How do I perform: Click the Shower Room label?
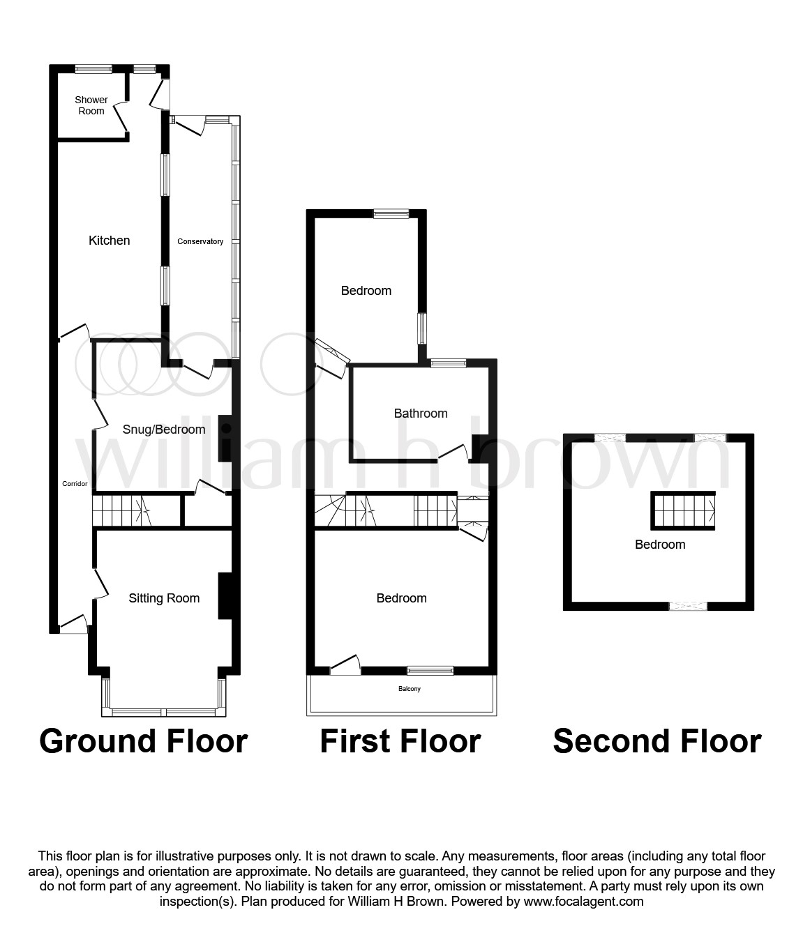click(91, 105)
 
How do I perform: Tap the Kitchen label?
click(109, 241)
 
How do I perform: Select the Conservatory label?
click(200, 242)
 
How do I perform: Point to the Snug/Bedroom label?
click(164, 430)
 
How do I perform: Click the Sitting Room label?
click(164, 598)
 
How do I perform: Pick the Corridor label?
click(75, 483)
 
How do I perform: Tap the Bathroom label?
click(421, 413)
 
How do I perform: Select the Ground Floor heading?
click(144, 741)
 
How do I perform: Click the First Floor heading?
click(400, 741)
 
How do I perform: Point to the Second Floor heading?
click(657, 741)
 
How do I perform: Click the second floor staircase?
click(684, 510)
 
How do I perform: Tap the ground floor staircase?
click(122, 511)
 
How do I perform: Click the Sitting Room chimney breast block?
click(225, 595)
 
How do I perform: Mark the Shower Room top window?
click(94, 68)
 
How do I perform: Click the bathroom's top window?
click(449, 363)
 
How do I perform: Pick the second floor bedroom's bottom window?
click(689, 606)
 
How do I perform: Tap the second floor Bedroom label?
click(660, 545)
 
